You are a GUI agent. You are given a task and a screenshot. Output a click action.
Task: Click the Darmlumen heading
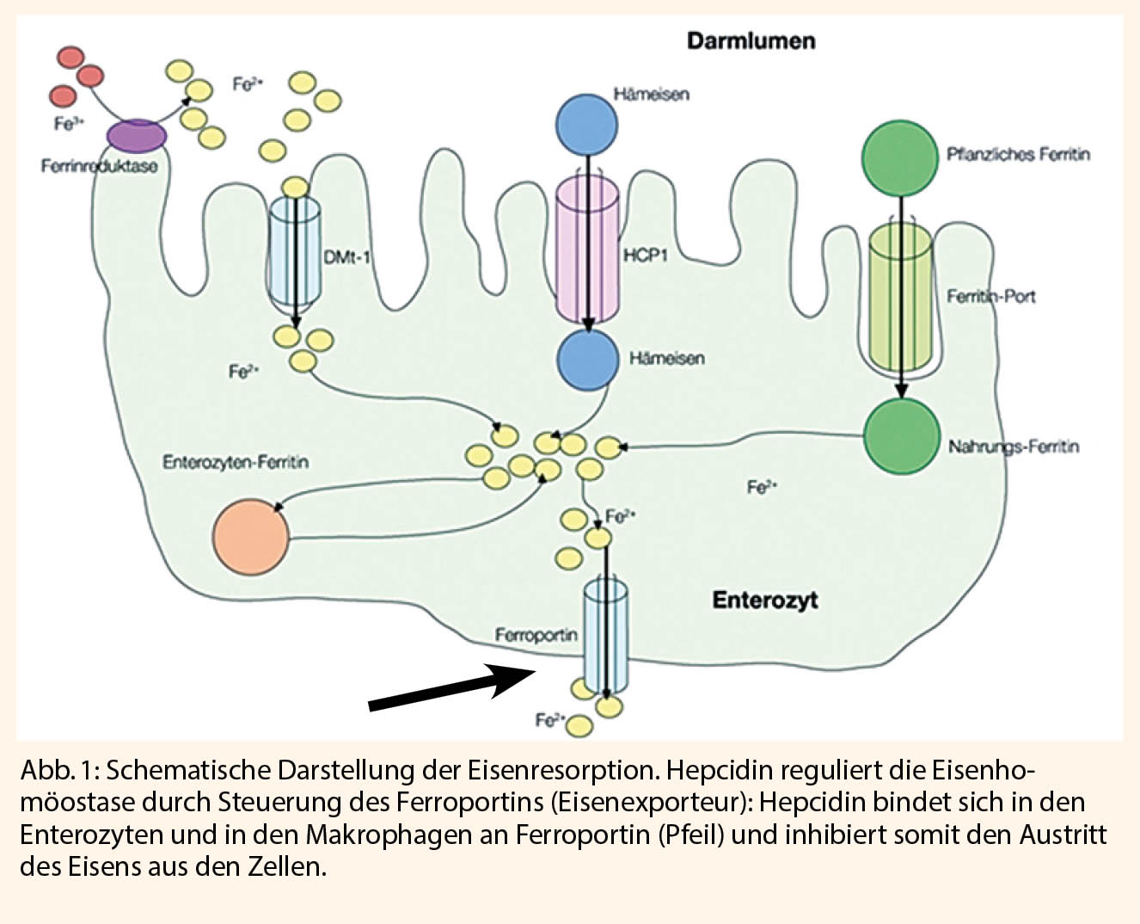(751, 40)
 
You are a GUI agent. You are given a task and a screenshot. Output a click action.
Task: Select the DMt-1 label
(346, 256)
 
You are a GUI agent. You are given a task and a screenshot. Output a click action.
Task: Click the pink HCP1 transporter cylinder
(586, 249)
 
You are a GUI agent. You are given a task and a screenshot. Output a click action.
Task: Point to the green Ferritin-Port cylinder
(900, 297)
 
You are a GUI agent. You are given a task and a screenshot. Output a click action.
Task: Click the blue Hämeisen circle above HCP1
(586, 124)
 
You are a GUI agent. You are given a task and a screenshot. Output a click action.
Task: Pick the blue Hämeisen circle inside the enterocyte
(587, 360)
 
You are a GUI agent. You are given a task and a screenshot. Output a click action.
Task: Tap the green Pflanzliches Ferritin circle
(899, 158)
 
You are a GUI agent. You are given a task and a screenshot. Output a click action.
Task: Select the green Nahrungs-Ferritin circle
(900, 437)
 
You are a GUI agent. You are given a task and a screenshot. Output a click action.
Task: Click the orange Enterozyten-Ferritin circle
(251, 536)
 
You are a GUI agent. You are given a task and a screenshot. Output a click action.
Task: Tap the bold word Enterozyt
(764, 600)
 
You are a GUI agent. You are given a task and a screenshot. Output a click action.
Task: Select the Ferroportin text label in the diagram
(536, 635)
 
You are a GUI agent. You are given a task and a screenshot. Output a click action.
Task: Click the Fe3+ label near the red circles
(69, 124)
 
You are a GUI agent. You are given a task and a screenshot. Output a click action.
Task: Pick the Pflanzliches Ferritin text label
(1018, 155)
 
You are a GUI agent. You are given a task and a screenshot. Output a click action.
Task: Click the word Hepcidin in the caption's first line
(719, 768)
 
